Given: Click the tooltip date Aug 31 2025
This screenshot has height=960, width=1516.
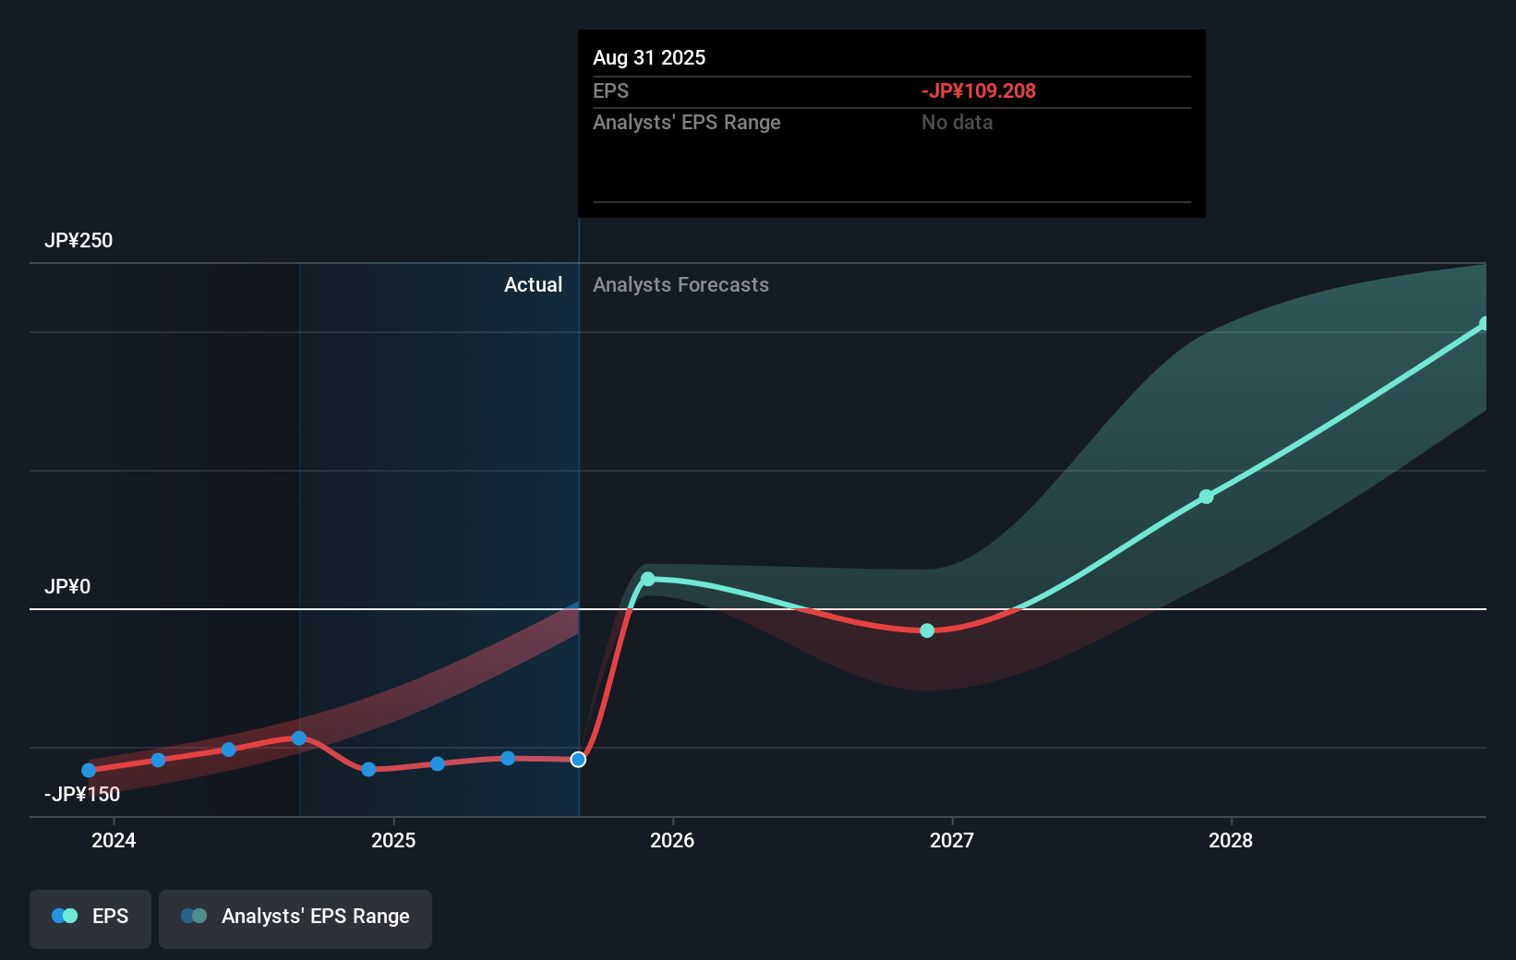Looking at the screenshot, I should (x=648, y=57).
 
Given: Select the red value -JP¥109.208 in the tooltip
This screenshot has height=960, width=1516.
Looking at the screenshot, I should (x=978, y=90).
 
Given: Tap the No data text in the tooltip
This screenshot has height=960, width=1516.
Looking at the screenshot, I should (x=957, y=122).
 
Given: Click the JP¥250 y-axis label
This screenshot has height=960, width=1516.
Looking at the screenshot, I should (x=78, y=240).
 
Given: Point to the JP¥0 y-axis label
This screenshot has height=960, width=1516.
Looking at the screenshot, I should (x=67, y=586).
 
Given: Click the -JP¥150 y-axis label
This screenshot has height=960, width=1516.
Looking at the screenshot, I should (x=81, y=794).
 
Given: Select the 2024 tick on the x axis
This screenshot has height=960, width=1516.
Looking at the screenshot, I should (x=114, y=840).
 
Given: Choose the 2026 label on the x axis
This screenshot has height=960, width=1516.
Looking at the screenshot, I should (x=672, y=840).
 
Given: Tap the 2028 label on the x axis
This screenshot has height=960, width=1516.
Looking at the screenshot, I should (x=1231, y=840).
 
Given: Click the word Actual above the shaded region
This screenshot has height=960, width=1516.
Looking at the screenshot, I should (x=533, y=284).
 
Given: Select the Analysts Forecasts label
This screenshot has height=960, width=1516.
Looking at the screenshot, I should (x=680, y=284).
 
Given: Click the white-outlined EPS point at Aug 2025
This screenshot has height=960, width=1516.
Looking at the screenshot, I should (x=578, y=760).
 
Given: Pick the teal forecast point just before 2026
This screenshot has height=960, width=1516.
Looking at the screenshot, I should (x=648, y=579).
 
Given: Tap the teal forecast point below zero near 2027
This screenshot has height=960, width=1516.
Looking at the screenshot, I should (x=927, y=630).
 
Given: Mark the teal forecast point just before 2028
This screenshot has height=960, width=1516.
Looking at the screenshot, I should (x=1206, y=497).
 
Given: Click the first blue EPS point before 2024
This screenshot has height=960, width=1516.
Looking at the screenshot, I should (x=89, y=770).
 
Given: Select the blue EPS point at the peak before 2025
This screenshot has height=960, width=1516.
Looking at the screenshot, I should (x=299, y=738).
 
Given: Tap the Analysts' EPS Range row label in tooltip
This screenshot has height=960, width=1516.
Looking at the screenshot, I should (x=686, y=122).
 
